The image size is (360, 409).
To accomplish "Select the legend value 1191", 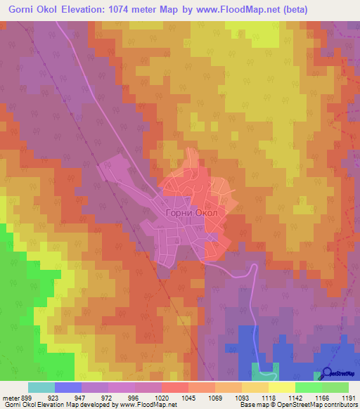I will click(x=349, y=398).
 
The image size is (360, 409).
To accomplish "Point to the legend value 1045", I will click(x=188, y=398).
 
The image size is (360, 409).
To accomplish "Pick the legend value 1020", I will click(x=162, y=398).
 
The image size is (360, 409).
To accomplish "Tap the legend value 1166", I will click(x=322, y=398).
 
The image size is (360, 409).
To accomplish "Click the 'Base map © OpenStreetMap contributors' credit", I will click(x=298, y=405).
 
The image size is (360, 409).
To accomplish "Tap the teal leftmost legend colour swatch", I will click(x=41, y=387).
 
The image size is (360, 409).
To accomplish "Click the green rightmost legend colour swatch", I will click(x=335, y=387).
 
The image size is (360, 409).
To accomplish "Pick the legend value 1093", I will click(x=242, y=398).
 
